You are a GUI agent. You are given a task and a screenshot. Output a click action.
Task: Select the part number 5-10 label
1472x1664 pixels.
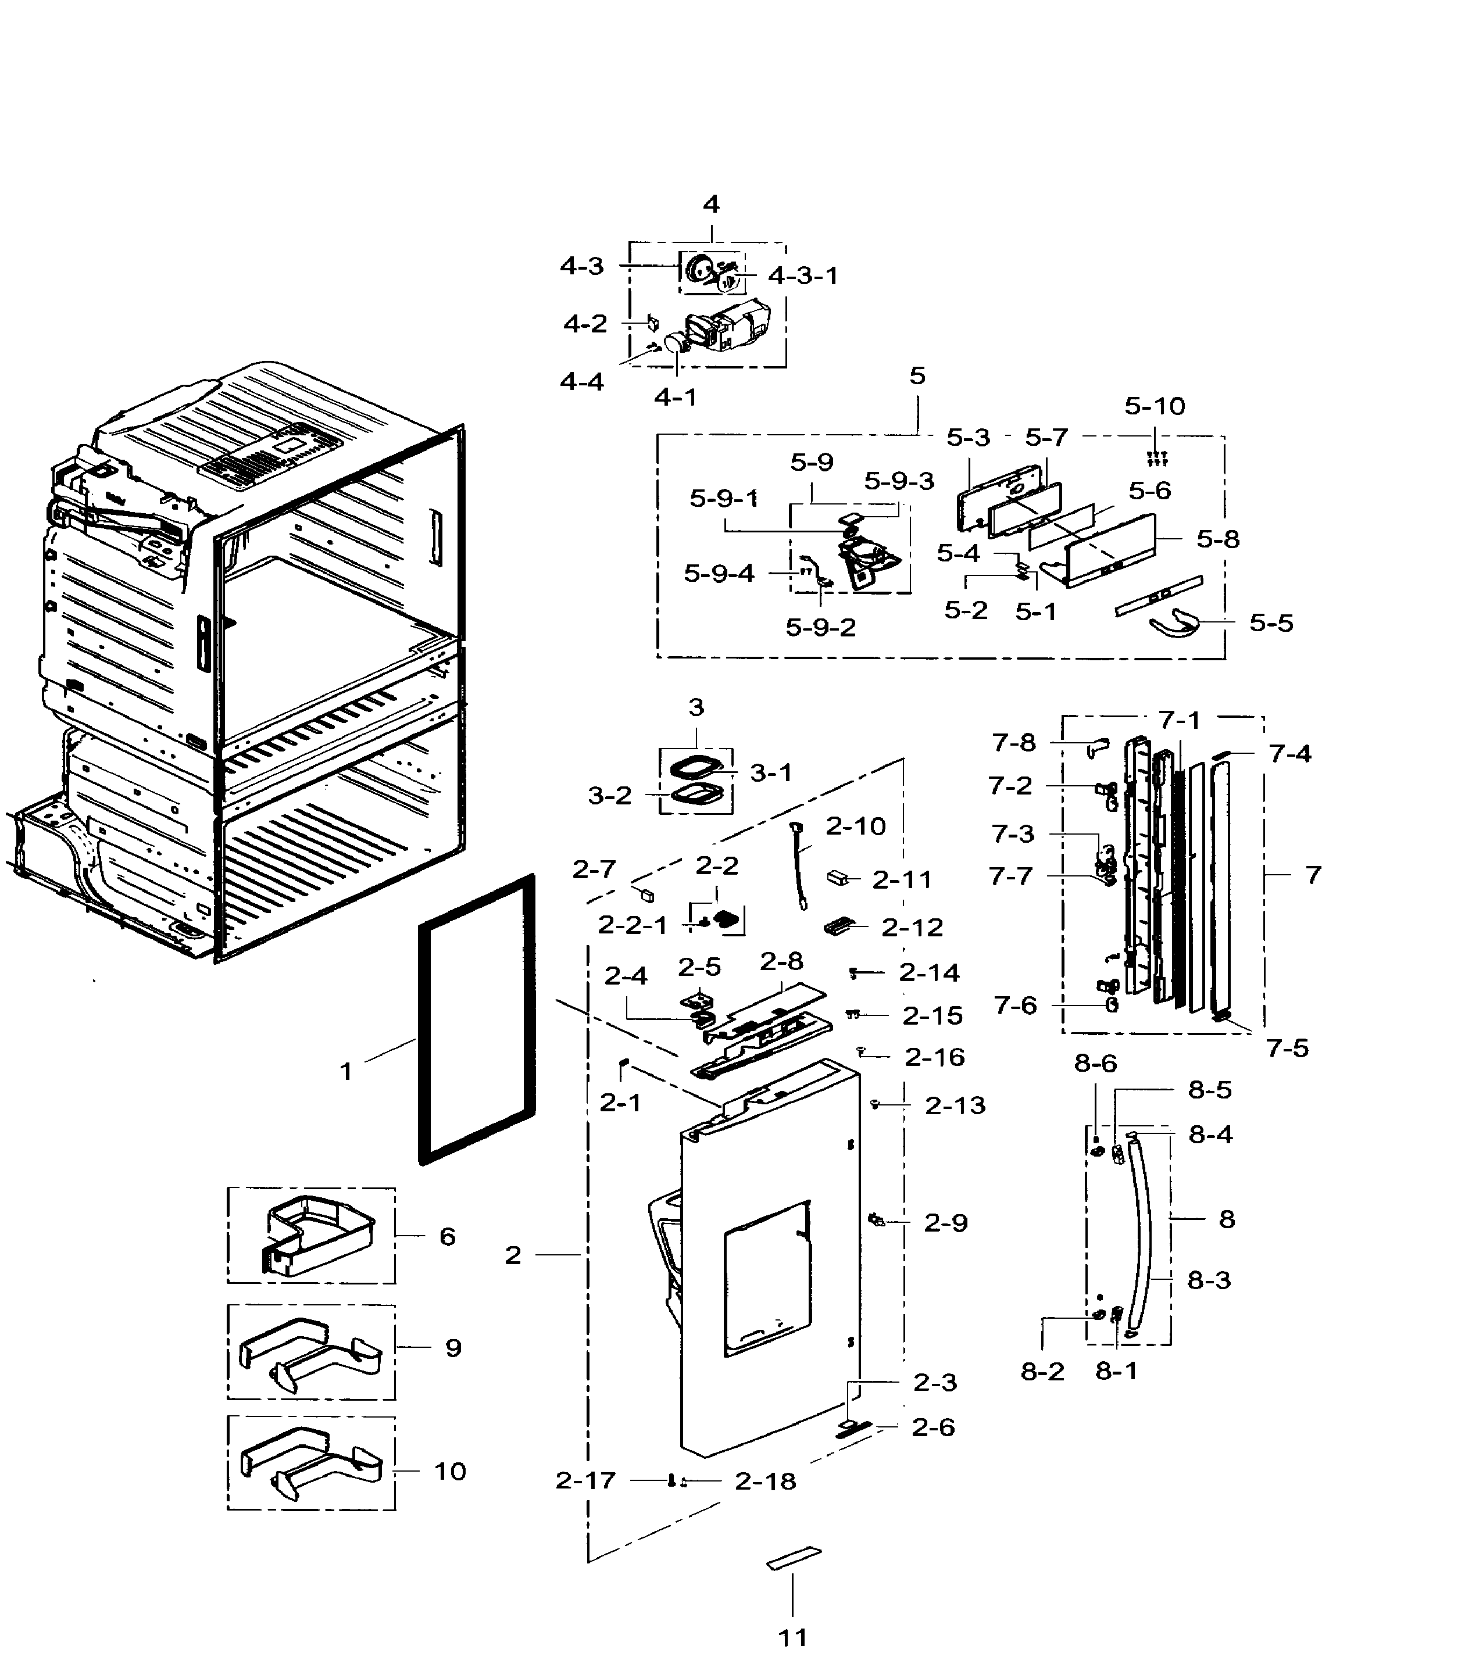tap(1155, 406)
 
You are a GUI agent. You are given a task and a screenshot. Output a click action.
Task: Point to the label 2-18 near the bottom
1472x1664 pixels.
tap(764, 1481)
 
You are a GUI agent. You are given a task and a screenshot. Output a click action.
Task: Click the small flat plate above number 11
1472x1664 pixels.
tap(794, 1559)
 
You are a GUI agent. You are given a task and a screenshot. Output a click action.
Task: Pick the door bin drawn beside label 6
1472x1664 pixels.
tap(317, 1236)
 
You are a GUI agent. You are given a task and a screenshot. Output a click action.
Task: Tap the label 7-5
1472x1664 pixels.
tap(1287, 1048)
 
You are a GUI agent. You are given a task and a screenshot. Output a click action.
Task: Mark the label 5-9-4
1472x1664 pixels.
tap(719, 573)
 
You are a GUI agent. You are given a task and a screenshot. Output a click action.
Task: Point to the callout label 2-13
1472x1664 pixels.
tap(954, 1105)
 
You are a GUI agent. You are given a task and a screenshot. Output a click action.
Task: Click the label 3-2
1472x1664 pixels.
tap(610, 795)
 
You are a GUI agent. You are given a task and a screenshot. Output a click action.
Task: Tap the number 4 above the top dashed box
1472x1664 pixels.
tap(711, 205)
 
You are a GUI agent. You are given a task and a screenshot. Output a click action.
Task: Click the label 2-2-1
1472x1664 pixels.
tap(632, 926)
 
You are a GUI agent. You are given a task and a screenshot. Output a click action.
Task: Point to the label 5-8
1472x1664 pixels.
tap(1217, 539)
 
